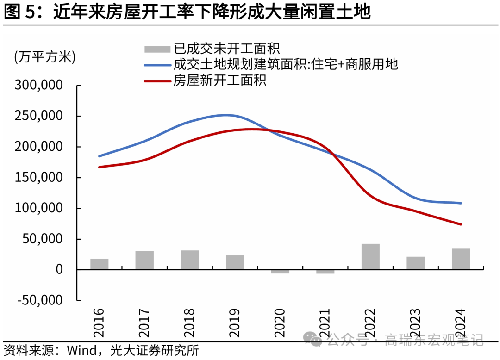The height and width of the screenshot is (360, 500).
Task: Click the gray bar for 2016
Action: point(99,264)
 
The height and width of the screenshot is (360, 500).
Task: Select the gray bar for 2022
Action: point(371,256)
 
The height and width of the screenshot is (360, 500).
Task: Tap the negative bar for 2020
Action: point(280,272)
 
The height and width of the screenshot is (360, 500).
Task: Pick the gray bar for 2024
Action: point(461,259)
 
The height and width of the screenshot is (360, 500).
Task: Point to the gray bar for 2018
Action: point(190,260)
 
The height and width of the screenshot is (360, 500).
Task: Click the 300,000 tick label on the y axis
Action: point(38,86)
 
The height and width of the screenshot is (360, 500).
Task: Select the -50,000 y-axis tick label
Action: point(38,300)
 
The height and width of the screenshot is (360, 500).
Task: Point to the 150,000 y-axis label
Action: point(38,178)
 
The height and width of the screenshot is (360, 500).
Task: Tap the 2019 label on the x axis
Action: point(235,323)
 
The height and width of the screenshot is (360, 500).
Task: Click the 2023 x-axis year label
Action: point(416,323)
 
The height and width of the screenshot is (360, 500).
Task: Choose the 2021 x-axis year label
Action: point(325,323)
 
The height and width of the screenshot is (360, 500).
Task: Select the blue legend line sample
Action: point(157,65)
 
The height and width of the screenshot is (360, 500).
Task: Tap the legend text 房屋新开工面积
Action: point(219,80)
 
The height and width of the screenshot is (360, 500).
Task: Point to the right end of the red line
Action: point(461,224)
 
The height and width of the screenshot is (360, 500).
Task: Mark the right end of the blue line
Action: point(461,203)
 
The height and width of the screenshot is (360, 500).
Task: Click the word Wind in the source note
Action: point(84,350)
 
